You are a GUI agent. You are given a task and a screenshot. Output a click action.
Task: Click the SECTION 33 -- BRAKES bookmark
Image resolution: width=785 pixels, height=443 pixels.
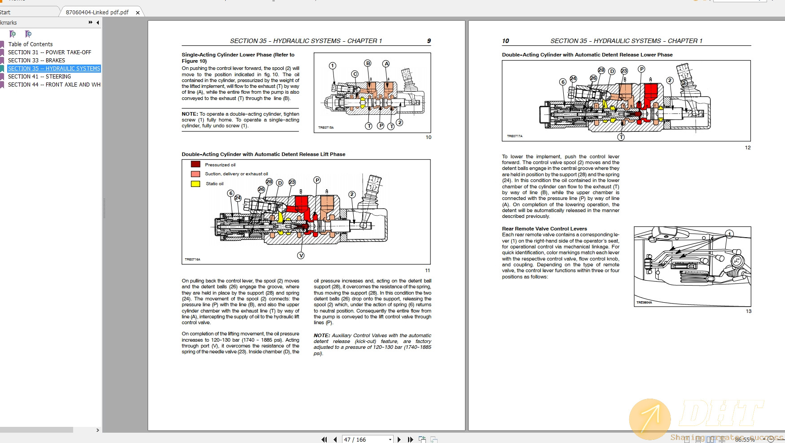[x=36, y=60]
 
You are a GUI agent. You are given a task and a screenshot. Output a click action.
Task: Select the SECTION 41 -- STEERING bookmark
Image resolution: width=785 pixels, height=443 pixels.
[x=39, y=76]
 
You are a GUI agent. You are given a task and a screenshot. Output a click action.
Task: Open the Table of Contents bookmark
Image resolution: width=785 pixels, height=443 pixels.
[x=30, y=44]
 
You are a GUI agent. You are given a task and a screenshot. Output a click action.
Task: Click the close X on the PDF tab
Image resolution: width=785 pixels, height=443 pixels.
[x=138, y=13]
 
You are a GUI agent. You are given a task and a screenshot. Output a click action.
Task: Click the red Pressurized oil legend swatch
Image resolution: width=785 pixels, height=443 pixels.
[x=195, y=164]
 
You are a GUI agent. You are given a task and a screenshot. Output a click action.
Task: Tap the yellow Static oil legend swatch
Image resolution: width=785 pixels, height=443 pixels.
[x=195, y=183]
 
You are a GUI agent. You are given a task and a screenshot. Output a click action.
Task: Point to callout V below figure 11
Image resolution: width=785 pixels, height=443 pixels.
[x=301, y=255]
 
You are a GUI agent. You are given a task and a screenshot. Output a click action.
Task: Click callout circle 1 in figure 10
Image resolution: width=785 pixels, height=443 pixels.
[x=332, y=65]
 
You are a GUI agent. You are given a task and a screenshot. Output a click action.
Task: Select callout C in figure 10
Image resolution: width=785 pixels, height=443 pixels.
[x=355, y=74]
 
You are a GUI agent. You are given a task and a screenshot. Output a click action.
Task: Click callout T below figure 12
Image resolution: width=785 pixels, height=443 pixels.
[x=621, y=137]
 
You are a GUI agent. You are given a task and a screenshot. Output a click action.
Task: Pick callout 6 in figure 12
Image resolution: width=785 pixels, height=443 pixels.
[x=562, y=82]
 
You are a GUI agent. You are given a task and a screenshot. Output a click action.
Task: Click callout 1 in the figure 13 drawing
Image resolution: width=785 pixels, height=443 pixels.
[x=729, y=234]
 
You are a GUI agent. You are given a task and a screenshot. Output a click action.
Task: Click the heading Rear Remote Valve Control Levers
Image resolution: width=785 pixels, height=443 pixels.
[x=544, y=229]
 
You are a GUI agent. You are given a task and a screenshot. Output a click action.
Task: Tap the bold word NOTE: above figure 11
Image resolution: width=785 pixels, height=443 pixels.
[x=189, y=114]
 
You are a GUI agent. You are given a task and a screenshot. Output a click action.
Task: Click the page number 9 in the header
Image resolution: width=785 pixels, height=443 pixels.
[x=429, y=41]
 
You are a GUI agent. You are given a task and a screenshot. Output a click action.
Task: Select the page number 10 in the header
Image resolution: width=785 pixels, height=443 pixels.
[x=505, y=41]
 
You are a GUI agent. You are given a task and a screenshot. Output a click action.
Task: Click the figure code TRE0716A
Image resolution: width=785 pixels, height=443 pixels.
[x=192, y=259]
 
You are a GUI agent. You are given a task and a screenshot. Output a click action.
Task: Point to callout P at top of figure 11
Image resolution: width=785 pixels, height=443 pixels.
[x=317, y=180]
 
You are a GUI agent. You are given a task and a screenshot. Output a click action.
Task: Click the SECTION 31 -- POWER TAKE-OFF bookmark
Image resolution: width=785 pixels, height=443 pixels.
[x=49, y=52]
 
